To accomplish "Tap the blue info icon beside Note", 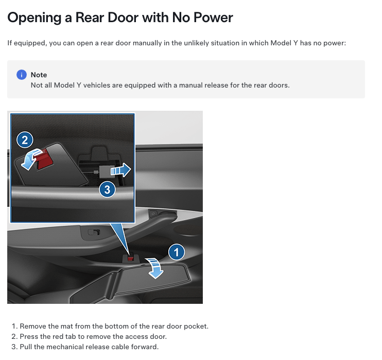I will pyautogui.click(x=22, y=75).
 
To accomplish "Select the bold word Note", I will pyautogui.click(x=39, y=75).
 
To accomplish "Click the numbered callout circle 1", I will pyautogui.click(x=177, y=252).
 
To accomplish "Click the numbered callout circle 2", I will pyautogui.click(x=25, y=139).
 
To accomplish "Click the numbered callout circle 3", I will pyautogui.click(x=107, y=190).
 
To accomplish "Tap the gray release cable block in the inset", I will pyautogui.click(x=105, y=171).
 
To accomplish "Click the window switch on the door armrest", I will pyautogui.click(x=94, y=232).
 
